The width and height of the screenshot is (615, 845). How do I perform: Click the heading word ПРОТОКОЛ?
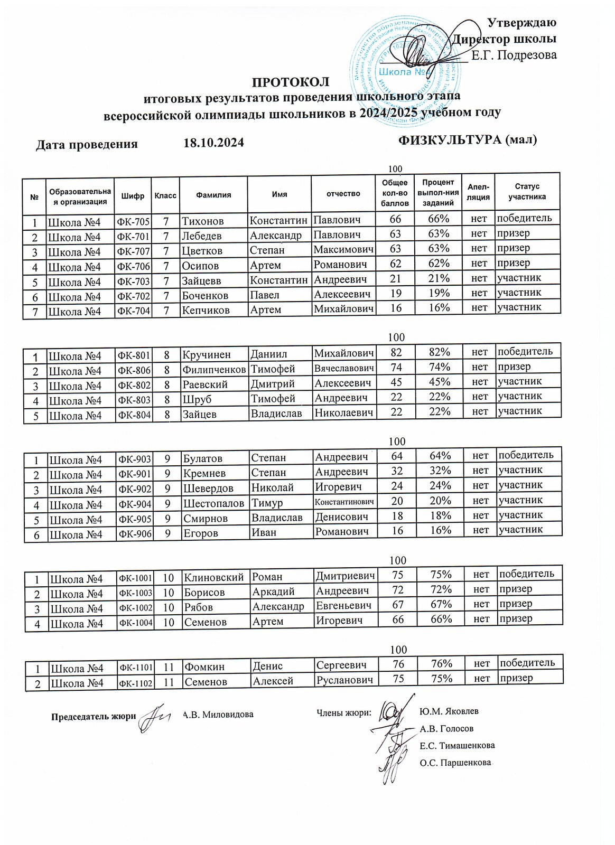coord(290,82)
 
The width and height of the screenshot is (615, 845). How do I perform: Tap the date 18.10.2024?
coord(213,143)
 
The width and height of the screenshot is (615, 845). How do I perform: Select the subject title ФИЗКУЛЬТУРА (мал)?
coord(467,140)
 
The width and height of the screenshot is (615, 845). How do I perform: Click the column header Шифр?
coord(132,195)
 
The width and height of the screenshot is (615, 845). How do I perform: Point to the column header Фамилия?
coord(213,195)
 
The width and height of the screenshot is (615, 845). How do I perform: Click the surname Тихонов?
coord(203,221)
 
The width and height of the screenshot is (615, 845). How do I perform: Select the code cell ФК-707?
coord(133,251)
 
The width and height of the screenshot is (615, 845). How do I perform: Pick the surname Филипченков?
coord(214,369)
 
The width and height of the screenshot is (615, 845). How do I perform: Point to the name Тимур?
coord(267,503)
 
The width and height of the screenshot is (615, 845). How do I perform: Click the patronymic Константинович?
coord(345,501)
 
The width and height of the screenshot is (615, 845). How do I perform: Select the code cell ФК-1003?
coord(136,593)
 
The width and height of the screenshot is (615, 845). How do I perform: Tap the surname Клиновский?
coord(214,577)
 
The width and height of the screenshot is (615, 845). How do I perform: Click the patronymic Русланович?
coord(346,680)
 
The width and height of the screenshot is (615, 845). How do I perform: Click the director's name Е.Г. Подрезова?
coord(514,55)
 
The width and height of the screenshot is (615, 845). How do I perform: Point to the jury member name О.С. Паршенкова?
coord(455,763)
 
